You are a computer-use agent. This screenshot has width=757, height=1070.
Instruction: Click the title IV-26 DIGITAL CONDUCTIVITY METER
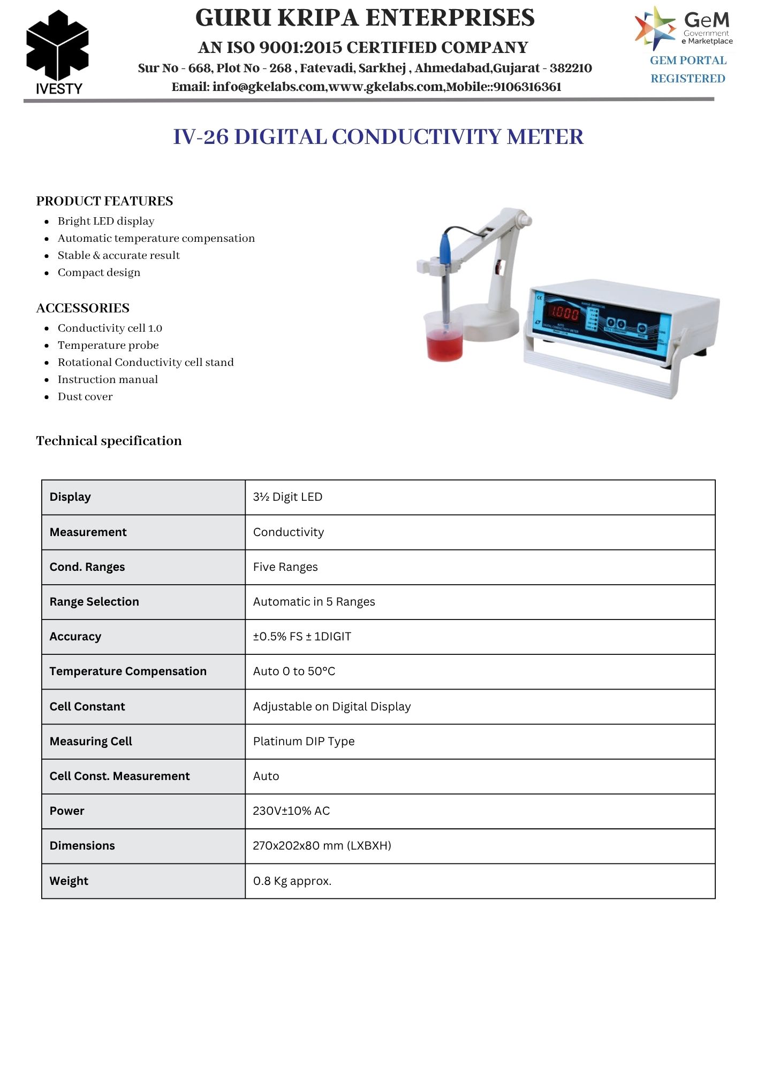tap(378, 137)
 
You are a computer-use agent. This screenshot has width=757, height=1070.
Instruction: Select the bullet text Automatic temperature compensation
tap(156, 239)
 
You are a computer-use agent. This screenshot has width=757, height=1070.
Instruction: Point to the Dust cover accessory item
tap(85, 397)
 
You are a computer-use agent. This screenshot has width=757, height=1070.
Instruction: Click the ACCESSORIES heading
tap(83, 308)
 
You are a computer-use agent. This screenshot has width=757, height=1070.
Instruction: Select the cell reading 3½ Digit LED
tap(287, 497)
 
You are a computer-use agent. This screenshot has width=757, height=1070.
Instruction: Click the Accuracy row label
tap(75, 637)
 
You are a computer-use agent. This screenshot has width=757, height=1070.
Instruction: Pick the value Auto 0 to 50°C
tap(294, 671)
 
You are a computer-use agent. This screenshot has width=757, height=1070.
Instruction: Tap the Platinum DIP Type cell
tap(304, 742)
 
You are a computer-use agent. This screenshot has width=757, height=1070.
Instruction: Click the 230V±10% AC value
tap(291, 811)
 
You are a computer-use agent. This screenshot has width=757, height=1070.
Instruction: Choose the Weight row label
tap(69, 881)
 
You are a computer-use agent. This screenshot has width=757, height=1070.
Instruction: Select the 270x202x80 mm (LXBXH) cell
tap(322, 846)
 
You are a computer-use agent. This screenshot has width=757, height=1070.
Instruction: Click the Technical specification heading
tap(109, 441)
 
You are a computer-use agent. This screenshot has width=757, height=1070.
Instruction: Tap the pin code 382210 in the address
tap(571, 68)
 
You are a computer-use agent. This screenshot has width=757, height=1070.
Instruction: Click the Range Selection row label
tap(94, 602)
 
